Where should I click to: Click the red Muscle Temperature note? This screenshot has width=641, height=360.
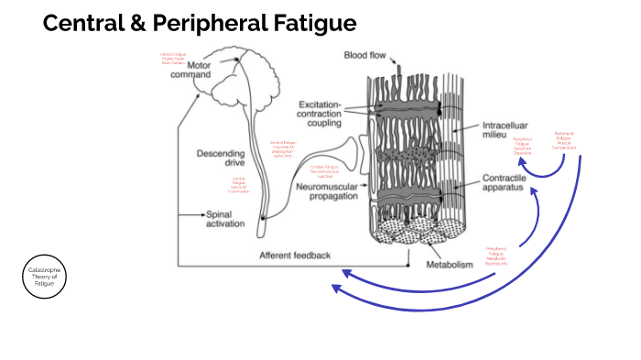tap(564, 141)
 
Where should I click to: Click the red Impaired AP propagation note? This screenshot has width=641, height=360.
tap(283, 149)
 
